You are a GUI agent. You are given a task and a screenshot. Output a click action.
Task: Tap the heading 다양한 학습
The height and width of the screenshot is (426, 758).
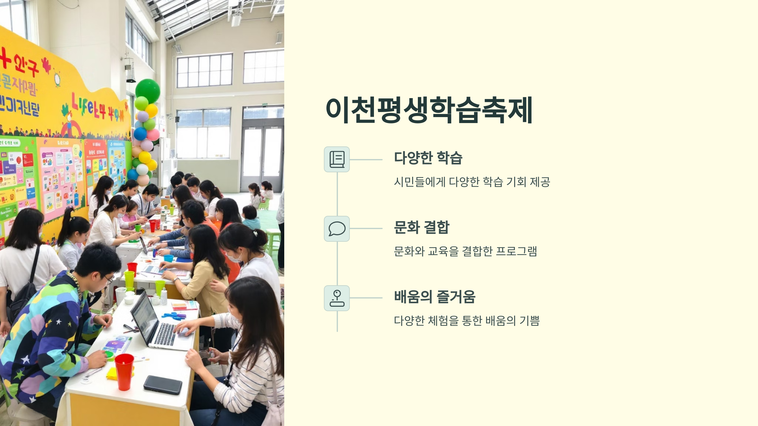click(428, 158)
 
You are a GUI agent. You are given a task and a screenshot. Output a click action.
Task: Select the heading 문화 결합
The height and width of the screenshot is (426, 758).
click(421, 227)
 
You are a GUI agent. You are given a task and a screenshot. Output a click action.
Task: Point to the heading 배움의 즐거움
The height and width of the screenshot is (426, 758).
click(435, 297)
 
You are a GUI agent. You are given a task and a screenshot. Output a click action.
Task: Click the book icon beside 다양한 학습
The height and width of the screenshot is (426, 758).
click(337, 159)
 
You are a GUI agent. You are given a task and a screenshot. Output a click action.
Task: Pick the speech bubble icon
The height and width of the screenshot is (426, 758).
click(337, 229)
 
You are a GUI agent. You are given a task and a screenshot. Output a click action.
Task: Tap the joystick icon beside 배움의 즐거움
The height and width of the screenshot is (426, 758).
click(337, 298)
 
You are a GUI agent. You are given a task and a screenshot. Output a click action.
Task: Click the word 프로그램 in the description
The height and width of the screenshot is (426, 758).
click(516, 251)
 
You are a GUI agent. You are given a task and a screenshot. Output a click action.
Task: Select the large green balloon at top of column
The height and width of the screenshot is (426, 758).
click(147, 91)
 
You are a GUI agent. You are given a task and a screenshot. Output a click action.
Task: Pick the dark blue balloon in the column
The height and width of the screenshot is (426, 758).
click(140, 134)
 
